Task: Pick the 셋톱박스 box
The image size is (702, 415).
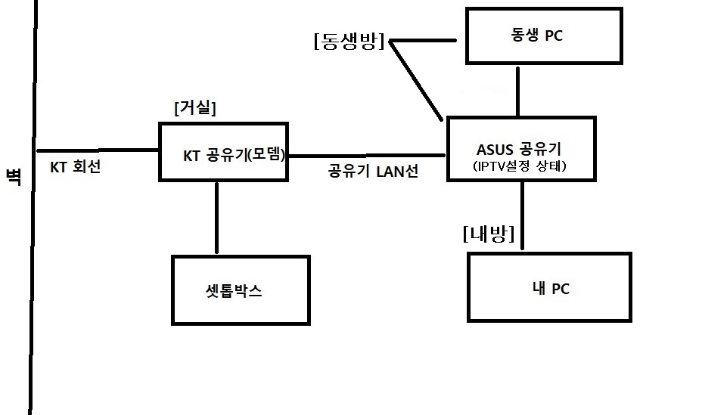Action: coord(241,290)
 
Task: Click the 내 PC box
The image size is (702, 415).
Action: coord(549,288)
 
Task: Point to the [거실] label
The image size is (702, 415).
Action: coord(195,108)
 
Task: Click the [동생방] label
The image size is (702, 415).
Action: coord(349,42)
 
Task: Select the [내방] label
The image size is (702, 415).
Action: coord(488,235)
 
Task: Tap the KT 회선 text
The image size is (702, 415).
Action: coord(75,167)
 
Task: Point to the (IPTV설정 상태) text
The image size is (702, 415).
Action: coord(521,166)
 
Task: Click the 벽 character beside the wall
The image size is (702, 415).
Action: coord(13,175)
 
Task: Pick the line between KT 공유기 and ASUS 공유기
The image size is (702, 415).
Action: coord(367,156)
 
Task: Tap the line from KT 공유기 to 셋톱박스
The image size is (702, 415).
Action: coord(217,217)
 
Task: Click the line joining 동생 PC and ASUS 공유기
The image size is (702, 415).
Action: coord(518,91)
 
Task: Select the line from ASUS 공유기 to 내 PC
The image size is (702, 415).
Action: coord(522,215)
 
